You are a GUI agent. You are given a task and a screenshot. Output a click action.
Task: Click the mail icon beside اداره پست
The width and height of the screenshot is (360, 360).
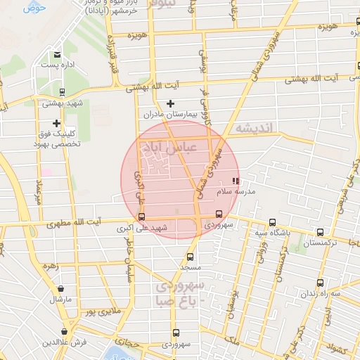[x=57, y=54]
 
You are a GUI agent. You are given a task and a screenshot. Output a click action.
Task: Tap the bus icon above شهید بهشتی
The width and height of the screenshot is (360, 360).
[x=62, y=92]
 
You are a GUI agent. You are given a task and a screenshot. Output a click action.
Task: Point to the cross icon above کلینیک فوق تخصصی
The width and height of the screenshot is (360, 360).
[x=56, y=123]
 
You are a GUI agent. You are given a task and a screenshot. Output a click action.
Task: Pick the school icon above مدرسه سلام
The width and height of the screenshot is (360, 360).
[x=235, y=181]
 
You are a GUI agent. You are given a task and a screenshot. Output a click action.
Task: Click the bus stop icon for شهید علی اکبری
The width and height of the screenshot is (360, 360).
[x=142, y=217]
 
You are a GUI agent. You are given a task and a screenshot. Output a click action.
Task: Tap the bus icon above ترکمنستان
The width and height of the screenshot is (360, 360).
[x=321, y=232]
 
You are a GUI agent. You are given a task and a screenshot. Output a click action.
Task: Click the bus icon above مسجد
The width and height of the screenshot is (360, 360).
[x=190, y=257]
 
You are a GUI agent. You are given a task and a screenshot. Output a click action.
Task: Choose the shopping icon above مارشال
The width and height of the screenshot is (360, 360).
[x=62, y=289]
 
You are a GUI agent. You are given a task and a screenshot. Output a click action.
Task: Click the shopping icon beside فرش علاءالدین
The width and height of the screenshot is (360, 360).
[x=64, y=331]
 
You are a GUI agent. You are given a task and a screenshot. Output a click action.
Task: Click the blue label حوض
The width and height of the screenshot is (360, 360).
[x=34, y=8]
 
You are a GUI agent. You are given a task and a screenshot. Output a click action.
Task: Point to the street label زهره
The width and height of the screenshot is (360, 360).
[x=49, y=266]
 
